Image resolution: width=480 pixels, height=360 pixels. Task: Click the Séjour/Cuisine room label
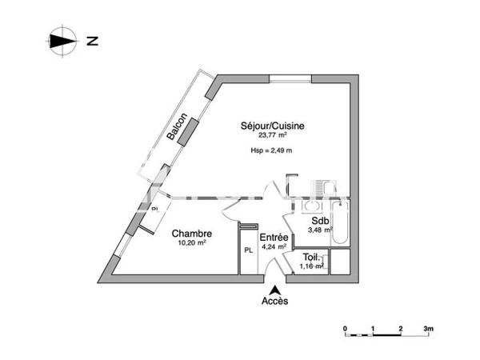click(x=273, y=126)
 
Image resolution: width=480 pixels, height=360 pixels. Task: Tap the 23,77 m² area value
click(x=273, y=136)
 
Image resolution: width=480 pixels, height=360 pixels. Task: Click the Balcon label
click(x=178, y=127)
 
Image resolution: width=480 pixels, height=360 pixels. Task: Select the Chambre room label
click(x=192, y=234)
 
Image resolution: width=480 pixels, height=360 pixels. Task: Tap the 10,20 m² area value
click(x=192, y=243)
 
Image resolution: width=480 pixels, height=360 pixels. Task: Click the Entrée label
click(x=273, y=238)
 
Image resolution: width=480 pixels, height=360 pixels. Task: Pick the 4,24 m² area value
click(x=273, y=247)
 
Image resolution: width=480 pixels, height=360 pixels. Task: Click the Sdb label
click(x=320, y=222)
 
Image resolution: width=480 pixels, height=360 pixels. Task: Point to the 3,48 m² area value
click(x=320, y=231)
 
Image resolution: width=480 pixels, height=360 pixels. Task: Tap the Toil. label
click(x=311, y=258)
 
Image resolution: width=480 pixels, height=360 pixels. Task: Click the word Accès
click(x=274, y=302)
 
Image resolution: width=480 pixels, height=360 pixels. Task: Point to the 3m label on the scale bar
click(x=429, y=329)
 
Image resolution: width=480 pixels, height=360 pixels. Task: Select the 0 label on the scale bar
click(x=345, y=329)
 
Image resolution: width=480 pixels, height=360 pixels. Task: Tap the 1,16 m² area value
click(x=311, y=266)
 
